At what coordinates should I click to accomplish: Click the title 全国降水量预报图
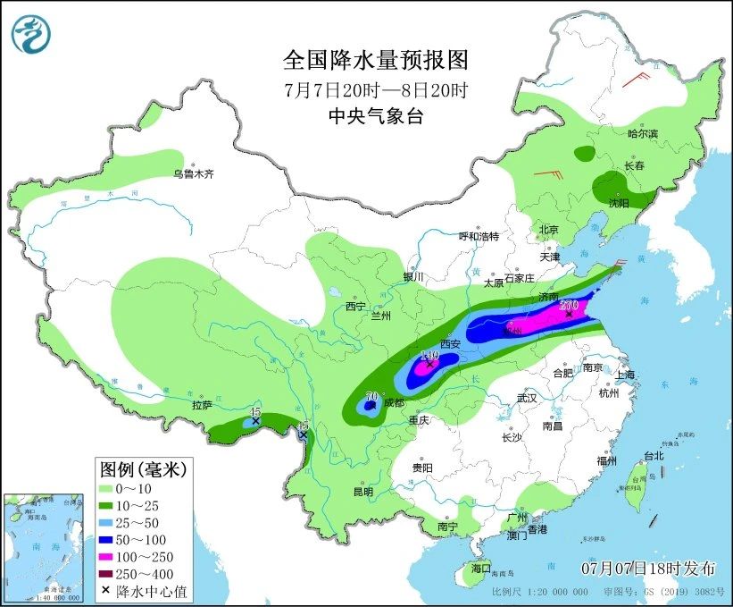click(x=375, y=61)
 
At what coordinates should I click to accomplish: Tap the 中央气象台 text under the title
click(x=375, y=115)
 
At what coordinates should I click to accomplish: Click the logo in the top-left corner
click(x=31, y=33)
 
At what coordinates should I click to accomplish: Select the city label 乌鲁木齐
click(x=194, y=173)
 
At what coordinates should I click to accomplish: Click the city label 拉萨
click(x=202, y=405)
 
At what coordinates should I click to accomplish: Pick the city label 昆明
click(x=362, y=491)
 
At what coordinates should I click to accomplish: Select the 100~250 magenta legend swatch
click(x=112, y=555)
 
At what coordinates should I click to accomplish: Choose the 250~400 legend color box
click(x=112, y=572)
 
